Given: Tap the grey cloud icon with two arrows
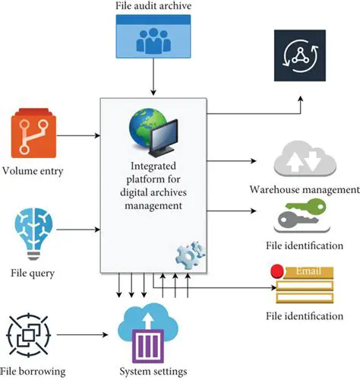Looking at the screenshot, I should coord(305,160).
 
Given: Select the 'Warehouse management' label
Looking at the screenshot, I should coord(305,189).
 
